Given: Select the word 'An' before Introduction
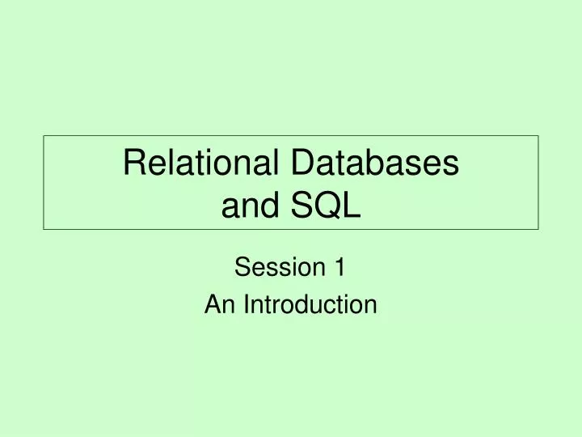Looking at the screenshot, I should click(215, 304).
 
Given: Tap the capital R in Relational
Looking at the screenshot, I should click(133, 163).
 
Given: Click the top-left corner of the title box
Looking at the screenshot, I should click(44, 136).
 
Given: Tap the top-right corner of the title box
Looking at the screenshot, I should click(538, 136).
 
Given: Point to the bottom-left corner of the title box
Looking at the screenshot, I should click(44, 230).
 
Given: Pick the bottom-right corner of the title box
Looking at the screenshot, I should click(538, 230).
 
